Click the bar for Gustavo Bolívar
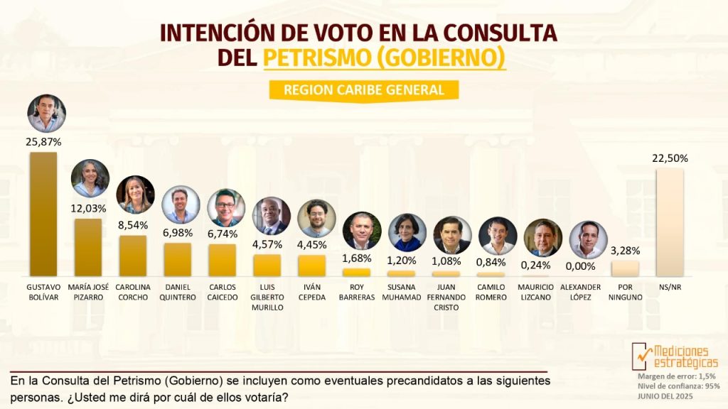(43, 213)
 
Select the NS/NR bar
(670, 222)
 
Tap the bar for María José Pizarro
(87, 246)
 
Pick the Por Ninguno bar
(625, 268)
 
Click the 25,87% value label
(43, 142)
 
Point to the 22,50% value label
(670, 158)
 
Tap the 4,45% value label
(311, 245)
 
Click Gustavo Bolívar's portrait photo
(46, 114)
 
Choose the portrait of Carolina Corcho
(135, 195)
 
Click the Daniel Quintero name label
(178, 292)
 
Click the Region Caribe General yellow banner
(363, 90)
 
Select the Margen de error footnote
(676, 376)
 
